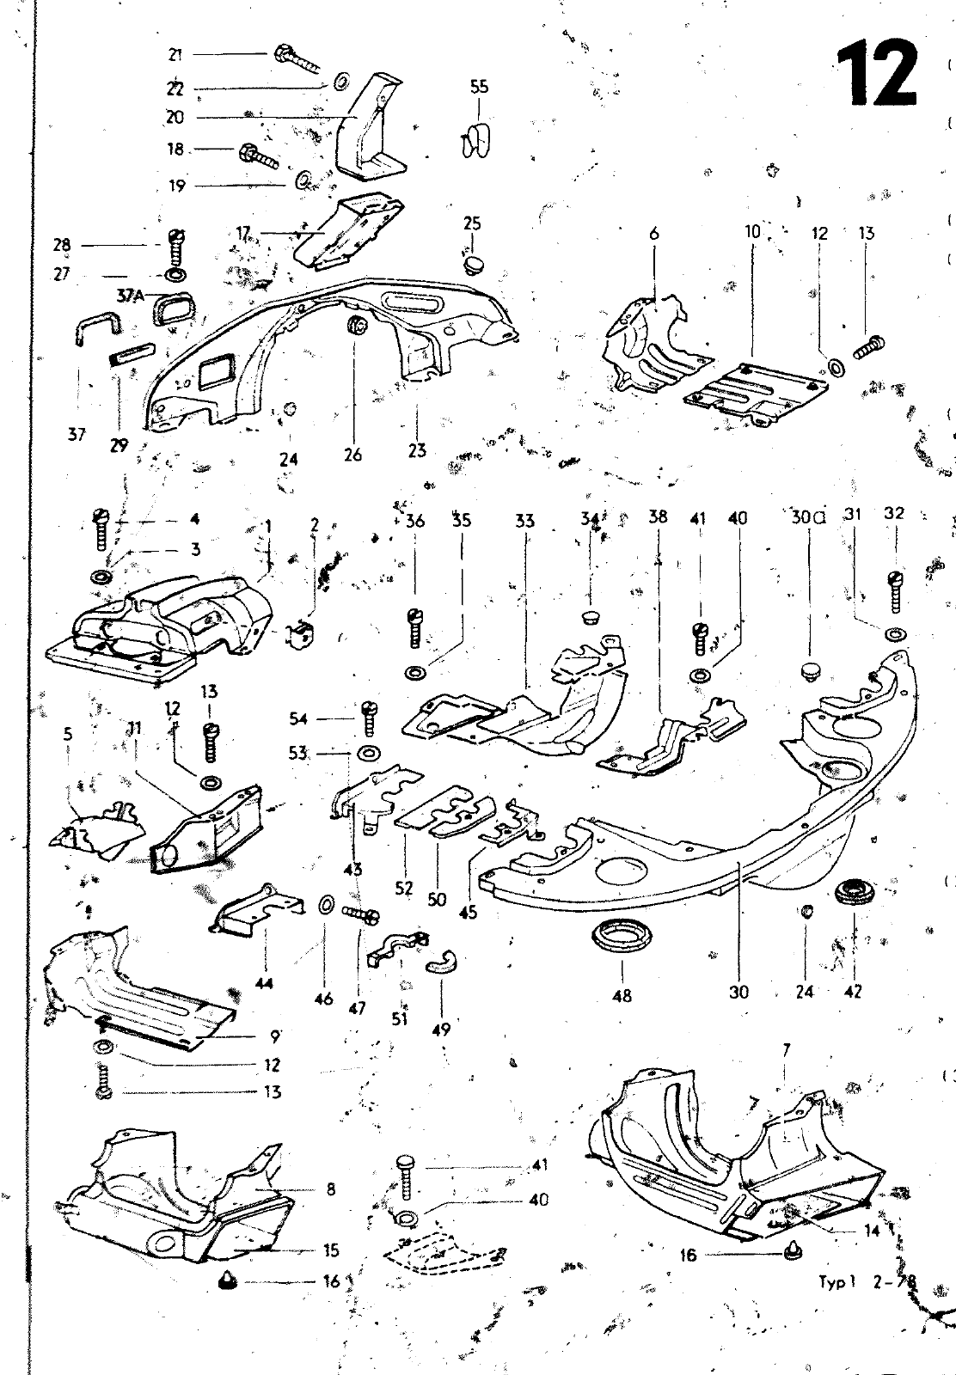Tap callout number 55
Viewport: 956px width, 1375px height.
479,86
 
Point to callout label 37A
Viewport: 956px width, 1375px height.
131,296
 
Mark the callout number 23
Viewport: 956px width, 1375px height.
417,450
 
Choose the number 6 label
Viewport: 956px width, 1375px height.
654,232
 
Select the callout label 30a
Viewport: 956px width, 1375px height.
807,517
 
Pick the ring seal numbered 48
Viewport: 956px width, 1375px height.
622,936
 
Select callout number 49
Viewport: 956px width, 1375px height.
440,1030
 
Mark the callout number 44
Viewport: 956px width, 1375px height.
265,983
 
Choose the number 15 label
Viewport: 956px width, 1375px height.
331,1250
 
